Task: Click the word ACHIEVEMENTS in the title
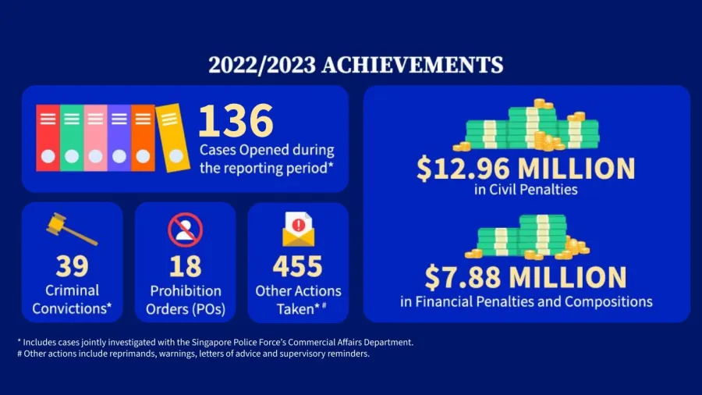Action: (413, 65)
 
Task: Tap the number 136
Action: (236, 120)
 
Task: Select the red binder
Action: (48, 138)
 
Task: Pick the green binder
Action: (72, 138)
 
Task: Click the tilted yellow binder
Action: (173, 138)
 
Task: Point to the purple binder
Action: (119, 138)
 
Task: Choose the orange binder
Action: (143, 138)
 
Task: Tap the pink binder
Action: (95, 138)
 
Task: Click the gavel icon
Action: (72, 229)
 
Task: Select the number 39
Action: (72, 266)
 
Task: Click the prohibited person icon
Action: (186, 230)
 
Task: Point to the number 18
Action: (186, 266)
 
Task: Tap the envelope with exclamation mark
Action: (298, 230)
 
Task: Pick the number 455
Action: (298, 266)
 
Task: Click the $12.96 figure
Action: (463, 169)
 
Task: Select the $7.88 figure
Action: (463, 277)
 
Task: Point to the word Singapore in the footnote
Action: (211, 343)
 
